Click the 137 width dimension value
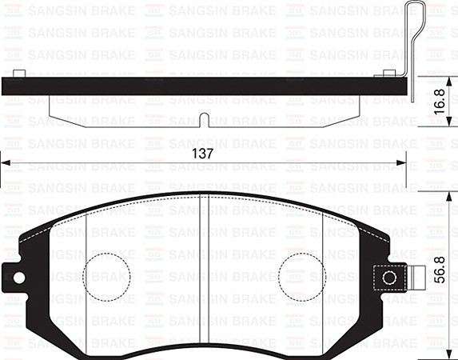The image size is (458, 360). pyautogui.click(x=202, y=154)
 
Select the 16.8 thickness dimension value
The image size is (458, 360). pyautogui.click(x=440, y=102)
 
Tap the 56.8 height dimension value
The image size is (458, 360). pyautogui.click(x=440, y=270)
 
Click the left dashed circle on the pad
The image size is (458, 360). pyautogui.click(x=106, y=278)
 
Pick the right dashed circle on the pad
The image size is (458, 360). pyautogui.click(x=302, y=278)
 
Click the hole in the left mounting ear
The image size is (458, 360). pyautogui.click(x=19, y=278)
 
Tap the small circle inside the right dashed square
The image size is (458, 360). pyautogui.click(x=389, y=278)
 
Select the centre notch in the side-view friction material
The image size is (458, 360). pyautogui.click(x=204, y=120)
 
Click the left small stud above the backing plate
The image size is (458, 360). pyautogui.click(x=19, y=74)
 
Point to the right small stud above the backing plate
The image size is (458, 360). pyautogui.click(x=389, y=74)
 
